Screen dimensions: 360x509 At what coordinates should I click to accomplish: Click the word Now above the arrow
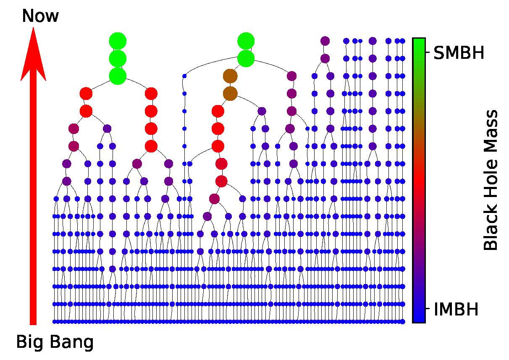click(x=40, y=16)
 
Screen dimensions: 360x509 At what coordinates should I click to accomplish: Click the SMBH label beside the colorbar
click(x=459, y=53)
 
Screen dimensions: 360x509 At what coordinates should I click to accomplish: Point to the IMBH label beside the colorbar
click(x=456, y=310)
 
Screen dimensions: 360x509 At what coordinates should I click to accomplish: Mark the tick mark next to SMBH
click(x=428, y=53)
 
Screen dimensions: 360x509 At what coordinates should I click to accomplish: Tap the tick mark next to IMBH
click(x=428, y=310)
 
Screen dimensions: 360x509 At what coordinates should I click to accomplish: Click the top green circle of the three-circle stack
click(x=118, y=41)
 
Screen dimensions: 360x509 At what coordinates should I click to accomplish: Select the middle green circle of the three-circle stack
click(x=118, y=58)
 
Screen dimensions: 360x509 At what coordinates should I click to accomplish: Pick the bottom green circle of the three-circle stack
click(x=118, y=76)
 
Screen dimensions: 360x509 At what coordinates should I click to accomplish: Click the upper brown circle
click(x=230, y=76)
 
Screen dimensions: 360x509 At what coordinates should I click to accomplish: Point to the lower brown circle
click(x=230, y=93)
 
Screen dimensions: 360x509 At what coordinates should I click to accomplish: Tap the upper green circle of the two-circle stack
click(x=246, y=41)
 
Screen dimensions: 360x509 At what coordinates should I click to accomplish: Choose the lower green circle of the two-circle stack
click(x=246, y=58)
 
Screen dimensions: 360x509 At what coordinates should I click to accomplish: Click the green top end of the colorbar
click(x=419, y=42)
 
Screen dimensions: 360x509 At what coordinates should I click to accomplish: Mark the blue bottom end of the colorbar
click(x=419, y=318)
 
